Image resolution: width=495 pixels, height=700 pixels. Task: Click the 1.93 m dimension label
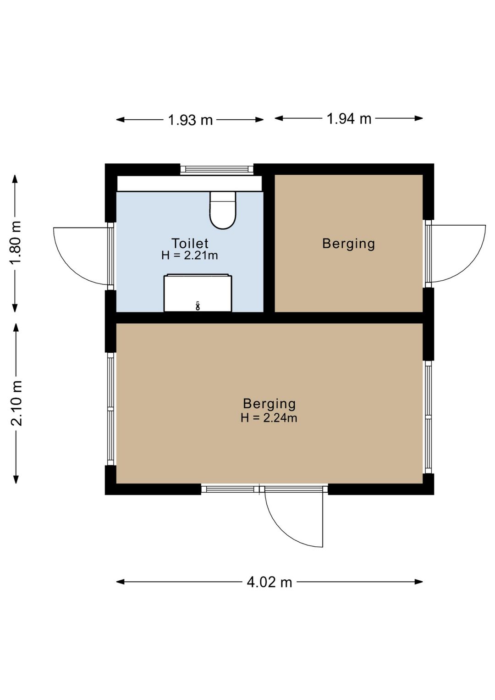pos(190,120)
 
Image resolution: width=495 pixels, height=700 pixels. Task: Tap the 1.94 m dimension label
pos(349,118)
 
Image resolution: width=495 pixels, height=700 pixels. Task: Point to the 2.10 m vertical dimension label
pos(16,403)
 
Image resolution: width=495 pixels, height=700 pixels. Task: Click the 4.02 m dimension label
pos(269,582)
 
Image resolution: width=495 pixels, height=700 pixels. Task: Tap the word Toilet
pos(190,243)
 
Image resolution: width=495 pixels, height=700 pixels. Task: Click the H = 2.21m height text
pos(190,256)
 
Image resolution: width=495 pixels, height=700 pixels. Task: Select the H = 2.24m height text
pos(269,418)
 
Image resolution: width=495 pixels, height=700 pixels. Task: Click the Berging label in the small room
pos(348,244)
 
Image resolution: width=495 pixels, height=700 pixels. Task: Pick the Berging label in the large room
pos(269,404)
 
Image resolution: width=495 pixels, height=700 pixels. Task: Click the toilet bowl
pos(223,210)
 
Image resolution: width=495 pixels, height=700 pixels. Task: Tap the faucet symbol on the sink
pos(198,306)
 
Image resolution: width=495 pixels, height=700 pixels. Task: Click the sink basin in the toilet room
pos(198,293)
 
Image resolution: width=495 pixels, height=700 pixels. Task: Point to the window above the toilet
pos(217,169)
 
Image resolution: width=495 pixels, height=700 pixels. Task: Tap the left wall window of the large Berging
pos(110,409)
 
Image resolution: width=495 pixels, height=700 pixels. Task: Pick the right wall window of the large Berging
pos(428,417)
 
